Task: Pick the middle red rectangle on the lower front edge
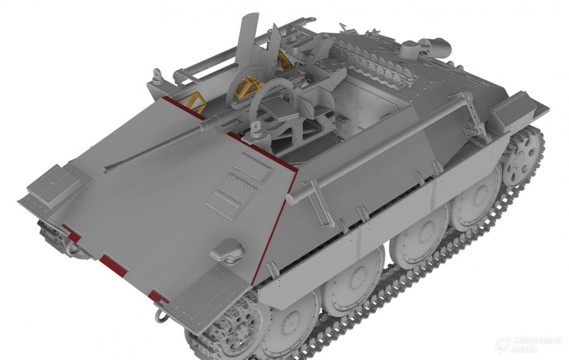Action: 113,266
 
